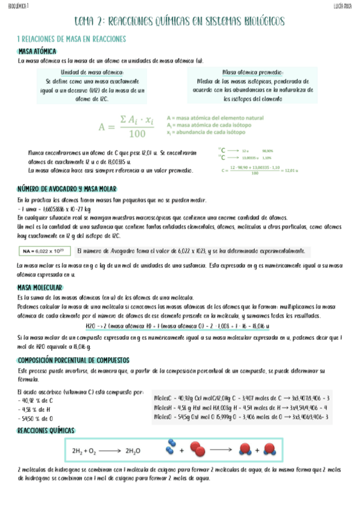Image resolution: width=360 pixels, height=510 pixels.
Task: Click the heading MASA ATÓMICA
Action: tap(37, 52)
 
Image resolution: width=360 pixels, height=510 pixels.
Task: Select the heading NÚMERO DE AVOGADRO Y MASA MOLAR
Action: tap(67, 189)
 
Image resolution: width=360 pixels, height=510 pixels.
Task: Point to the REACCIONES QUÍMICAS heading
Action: tap(46, 431)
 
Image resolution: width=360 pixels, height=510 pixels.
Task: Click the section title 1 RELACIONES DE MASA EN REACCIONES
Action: tap(72, 39)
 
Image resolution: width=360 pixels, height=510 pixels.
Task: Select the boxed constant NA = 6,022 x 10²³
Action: tap(42, 251)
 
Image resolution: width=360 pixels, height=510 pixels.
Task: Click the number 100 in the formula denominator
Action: tap(137, 134)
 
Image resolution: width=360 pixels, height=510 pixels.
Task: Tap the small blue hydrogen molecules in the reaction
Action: tap(173, 447)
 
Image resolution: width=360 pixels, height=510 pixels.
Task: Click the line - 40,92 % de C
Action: tap(37, 400)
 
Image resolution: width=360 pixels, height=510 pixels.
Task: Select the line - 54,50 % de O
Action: tap(37, 418)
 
